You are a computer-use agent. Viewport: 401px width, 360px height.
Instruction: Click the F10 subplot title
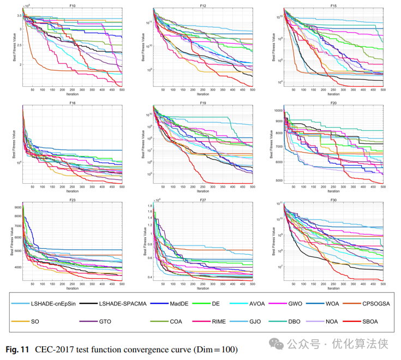[72, 5]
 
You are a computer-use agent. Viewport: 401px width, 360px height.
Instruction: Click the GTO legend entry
[102, 321]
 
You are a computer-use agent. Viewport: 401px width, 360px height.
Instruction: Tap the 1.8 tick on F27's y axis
[148, 207]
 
